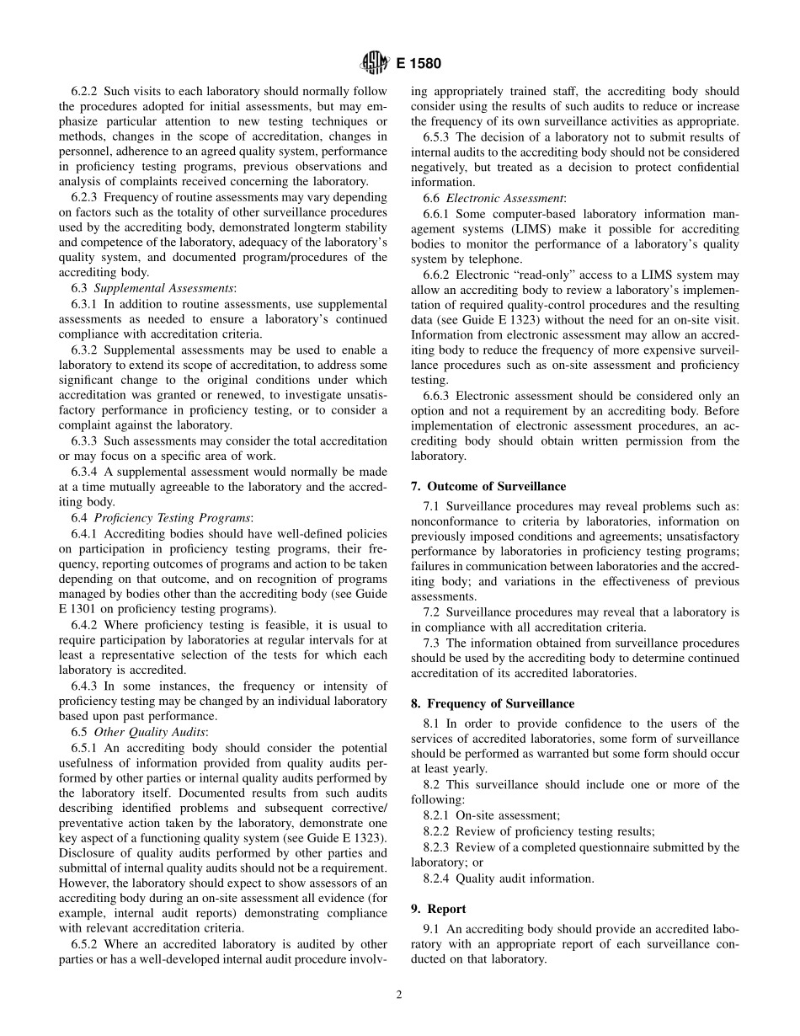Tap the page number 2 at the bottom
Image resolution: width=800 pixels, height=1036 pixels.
(x=399, y=994)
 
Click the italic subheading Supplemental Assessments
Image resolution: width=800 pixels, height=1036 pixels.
(x=163, y=288)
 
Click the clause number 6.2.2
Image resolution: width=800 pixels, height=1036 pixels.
(x=85, y=91)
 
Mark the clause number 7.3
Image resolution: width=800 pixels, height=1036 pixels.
(x=432, y=643)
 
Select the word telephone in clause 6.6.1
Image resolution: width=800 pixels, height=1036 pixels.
(x=493, y=259)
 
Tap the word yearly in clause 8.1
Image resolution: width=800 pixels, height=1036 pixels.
(x=470, y=769)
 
